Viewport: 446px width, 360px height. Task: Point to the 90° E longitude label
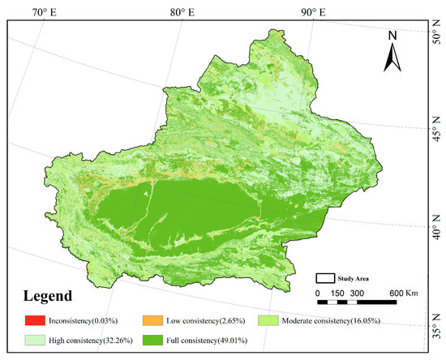click(311, 12)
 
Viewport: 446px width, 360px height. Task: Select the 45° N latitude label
click(435, 127)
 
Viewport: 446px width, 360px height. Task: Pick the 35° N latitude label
click(435, 332)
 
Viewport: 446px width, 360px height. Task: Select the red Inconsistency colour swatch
click(32, 318)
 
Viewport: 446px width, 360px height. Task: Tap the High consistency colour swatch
click(32, 341)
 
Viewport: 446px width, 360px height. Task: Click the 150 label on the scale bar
click(336, 293)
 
